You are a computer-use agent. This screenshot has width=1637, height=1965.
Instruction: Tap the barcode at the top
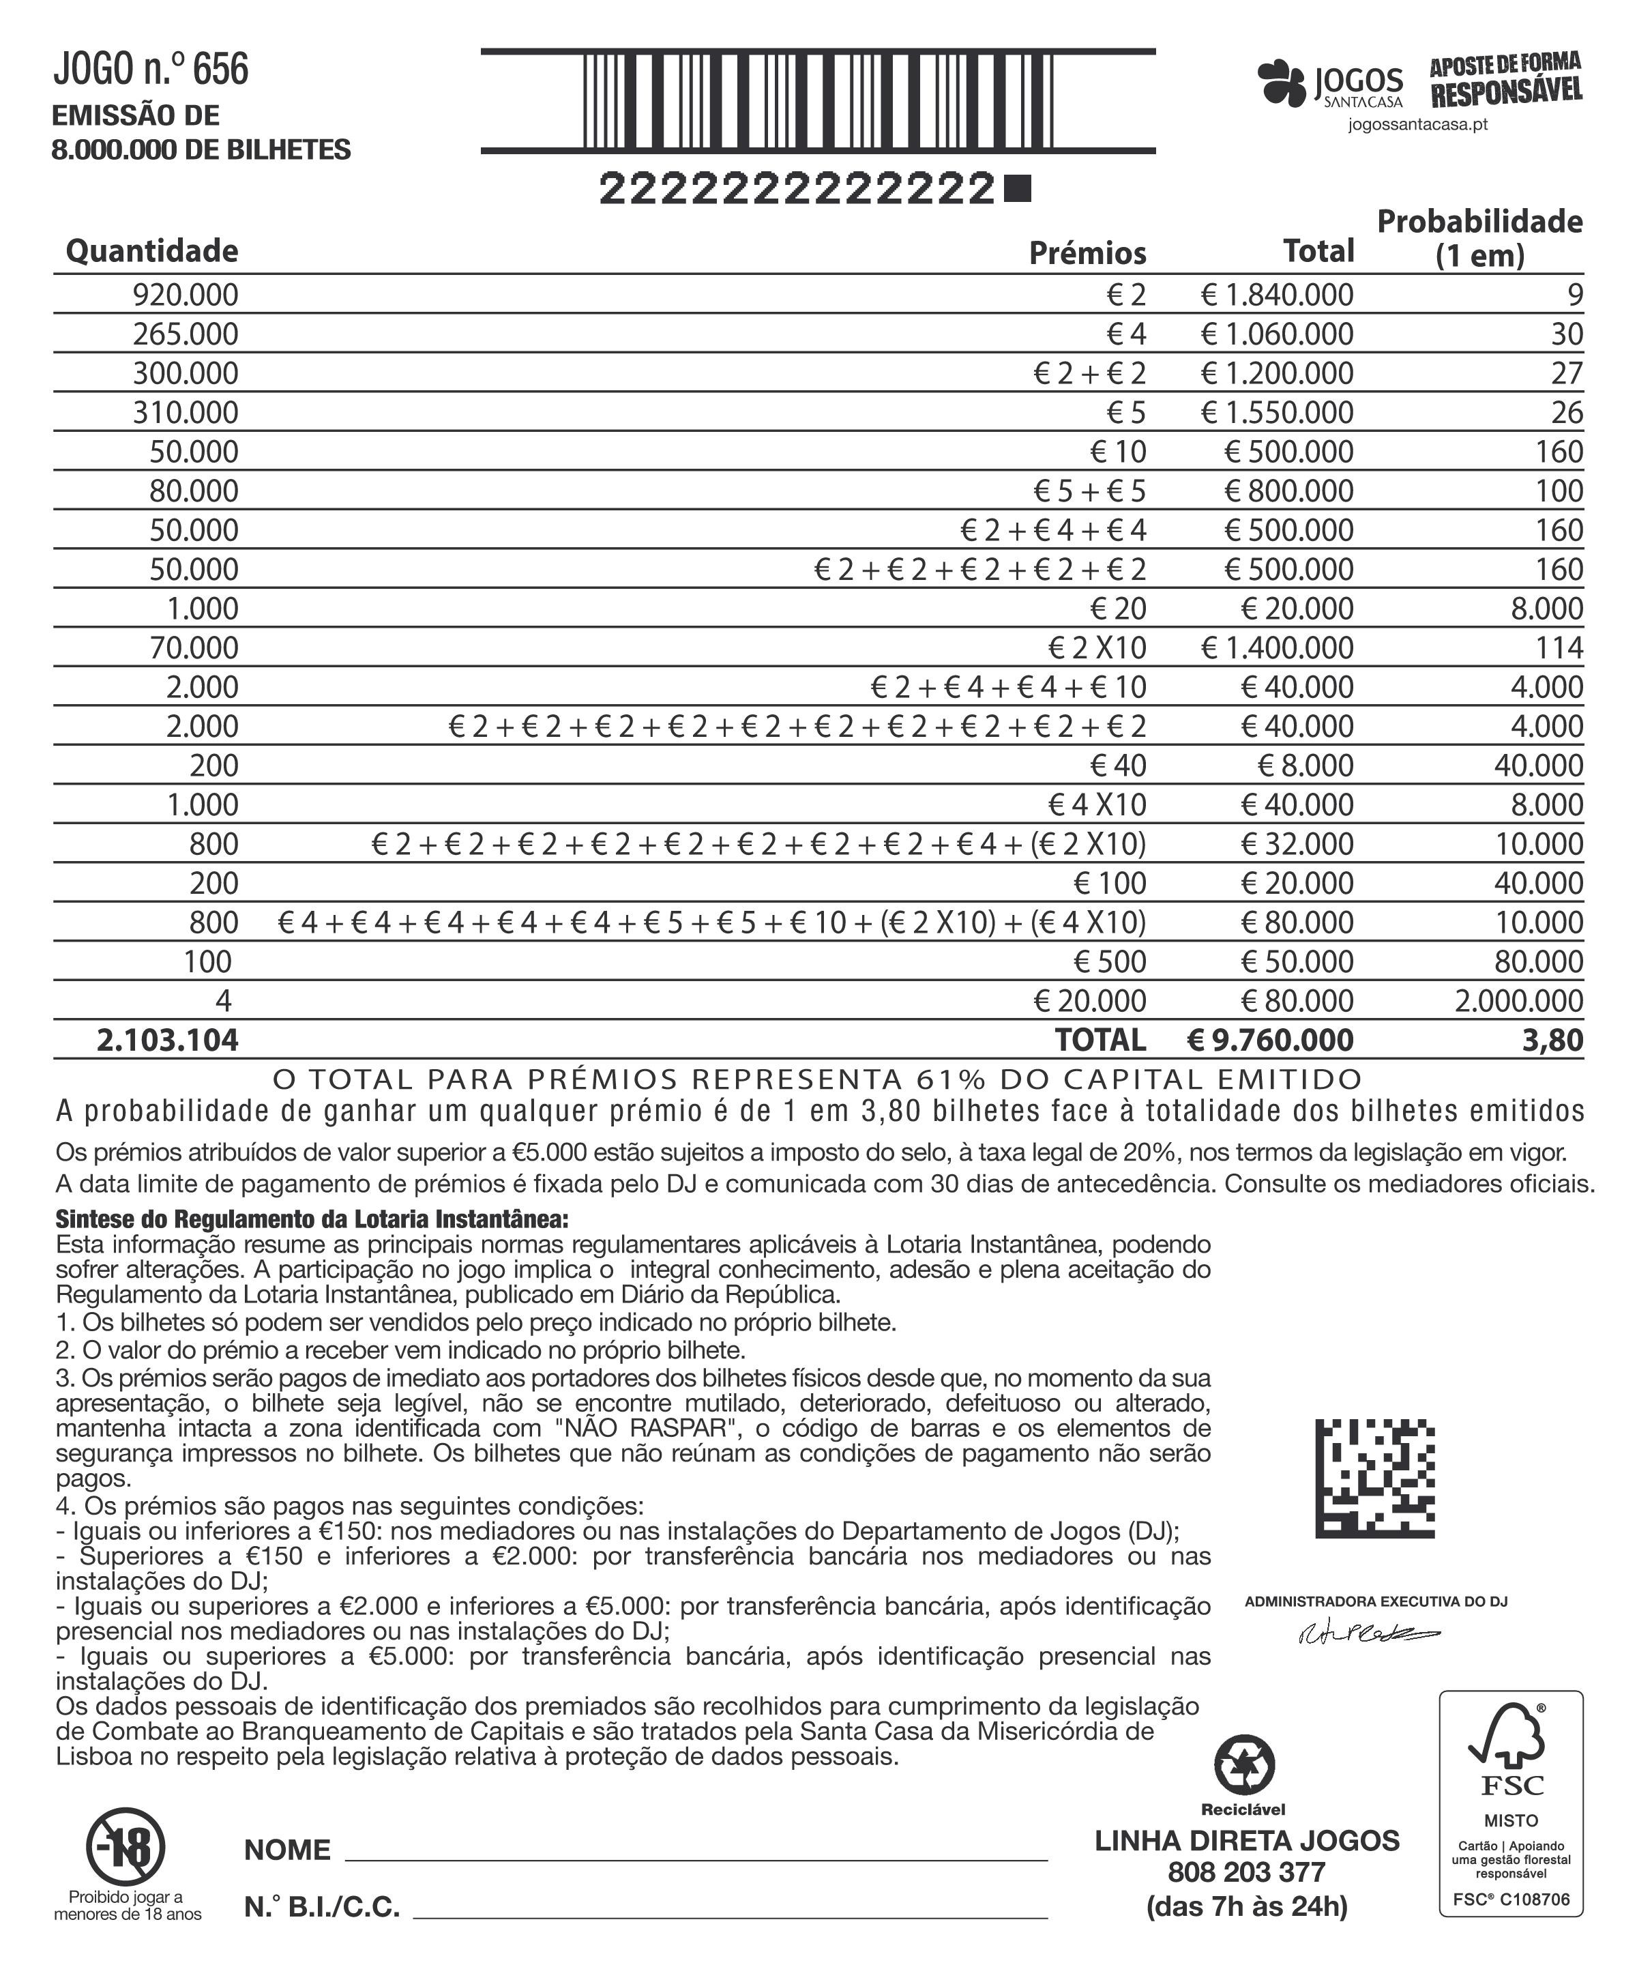818,101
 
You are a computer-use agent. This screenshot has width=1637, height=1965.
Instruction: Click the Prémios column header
1087,252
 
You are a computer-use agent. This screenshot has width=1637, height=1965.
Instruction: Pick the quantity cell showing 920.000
186,295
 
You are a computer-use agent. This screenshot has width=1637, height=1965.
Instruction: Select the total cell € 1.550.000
1277,413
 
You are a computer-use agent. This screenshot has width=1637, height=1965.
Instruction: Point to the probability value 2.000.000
1518,1000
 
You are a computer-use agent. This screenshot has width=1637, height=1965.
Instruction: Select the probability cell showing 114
1559,647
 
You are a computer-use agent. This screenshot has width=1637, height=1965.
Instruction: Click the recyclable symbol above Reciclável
1243,1765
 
